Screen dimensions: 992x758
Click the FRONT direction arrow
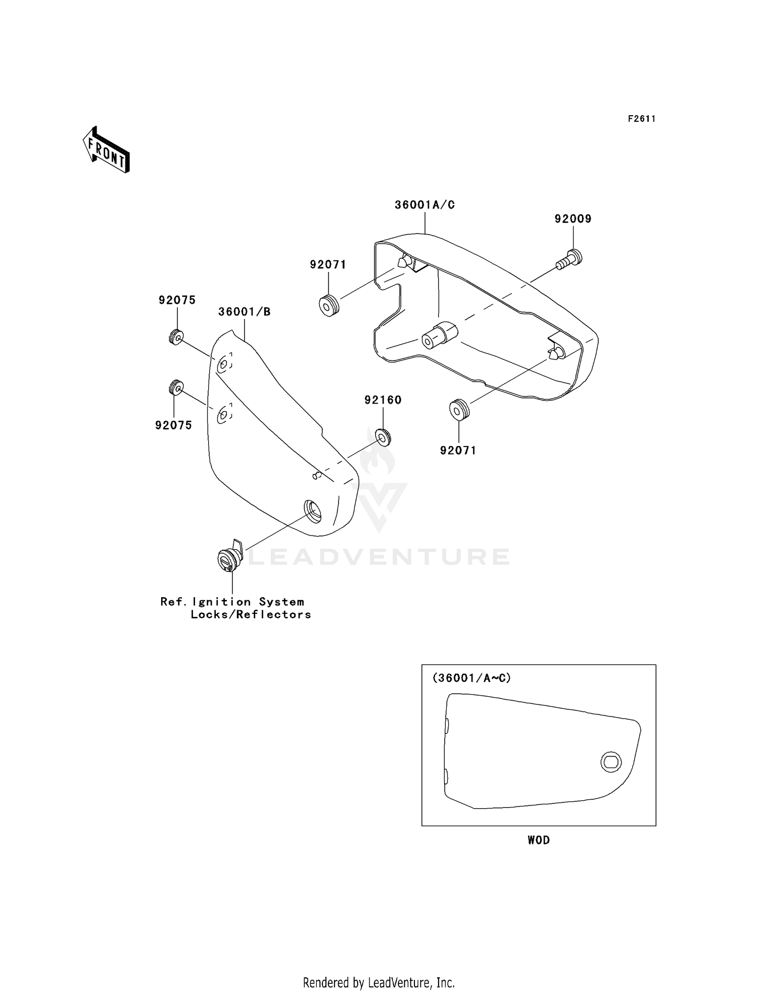click(107, 151)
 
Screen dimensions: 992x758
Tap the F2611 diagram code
click(641, 119)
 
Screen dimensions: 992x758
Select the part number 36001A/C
click(424, 205)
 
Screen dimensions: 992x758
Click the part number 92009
click(573, 219)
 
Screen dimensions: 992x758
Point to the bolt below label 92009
click(570, 259)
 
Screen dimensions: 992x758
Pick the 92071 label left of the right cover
click(328, 265)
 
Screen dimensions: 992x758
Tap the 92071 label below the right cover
click(458, 450)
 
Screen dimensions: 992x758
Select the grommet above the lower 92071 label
click(458, 409)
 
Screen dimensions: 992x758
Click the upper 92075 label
click(177, 300)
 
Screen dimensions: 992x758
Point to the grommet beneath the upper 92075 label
click(176, 337)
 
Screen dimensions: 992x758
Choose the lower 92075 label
click(174, 425)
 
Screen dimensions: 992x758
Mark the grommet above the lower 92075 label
click(175, 387)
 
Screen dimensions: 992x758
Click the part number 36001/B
click(244, 312)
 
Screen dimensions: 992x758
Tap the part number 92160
click(383, 400)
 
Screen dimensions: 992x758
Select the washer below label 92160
click(383, 437)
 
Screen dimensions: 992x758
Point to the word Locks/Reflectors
click(251, 614)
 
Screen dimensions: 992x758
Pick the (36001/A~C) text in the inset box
click(471, 678)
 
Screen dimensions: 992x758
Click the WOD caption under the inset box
click(538, 840)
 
